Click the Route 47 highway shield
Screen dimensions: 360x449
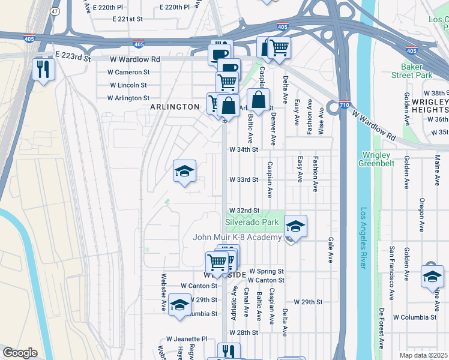click(56, 12)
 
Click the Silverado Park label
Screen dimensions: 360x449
click(252, 222)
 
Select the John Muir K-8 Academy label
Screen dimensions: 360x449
click(237, 238)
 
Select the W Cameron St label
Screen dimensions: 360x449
click(128, 72)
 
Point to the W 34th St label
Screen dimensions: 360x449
click(244, 149)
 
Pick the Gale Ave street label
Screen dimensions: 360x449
click(331, 250)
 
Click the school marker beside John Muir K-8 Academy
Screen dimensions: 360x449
click(295, 226)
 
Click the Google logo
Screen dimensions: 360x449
click(20, 353)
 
